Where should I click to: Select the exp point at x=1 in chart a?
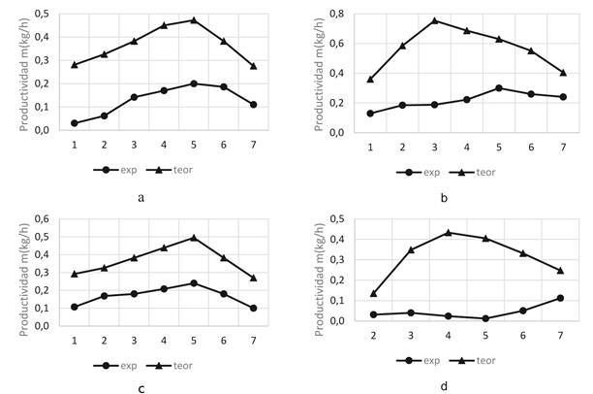pos(75,123)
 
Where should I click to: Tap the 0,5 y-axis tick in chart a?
pos(44,14)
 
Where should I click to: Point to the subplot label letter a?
pos(141,196)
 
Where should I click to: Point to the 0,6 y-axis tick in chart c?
pos(44,218)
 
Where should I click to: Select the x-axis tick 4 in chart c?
pos(164,339)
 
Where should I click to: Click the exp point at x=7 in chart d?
pos(560,298)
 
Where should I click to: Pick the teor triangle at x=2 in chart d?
pos(374,293)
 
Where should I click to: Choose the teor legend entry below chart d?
pos(482,360)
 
